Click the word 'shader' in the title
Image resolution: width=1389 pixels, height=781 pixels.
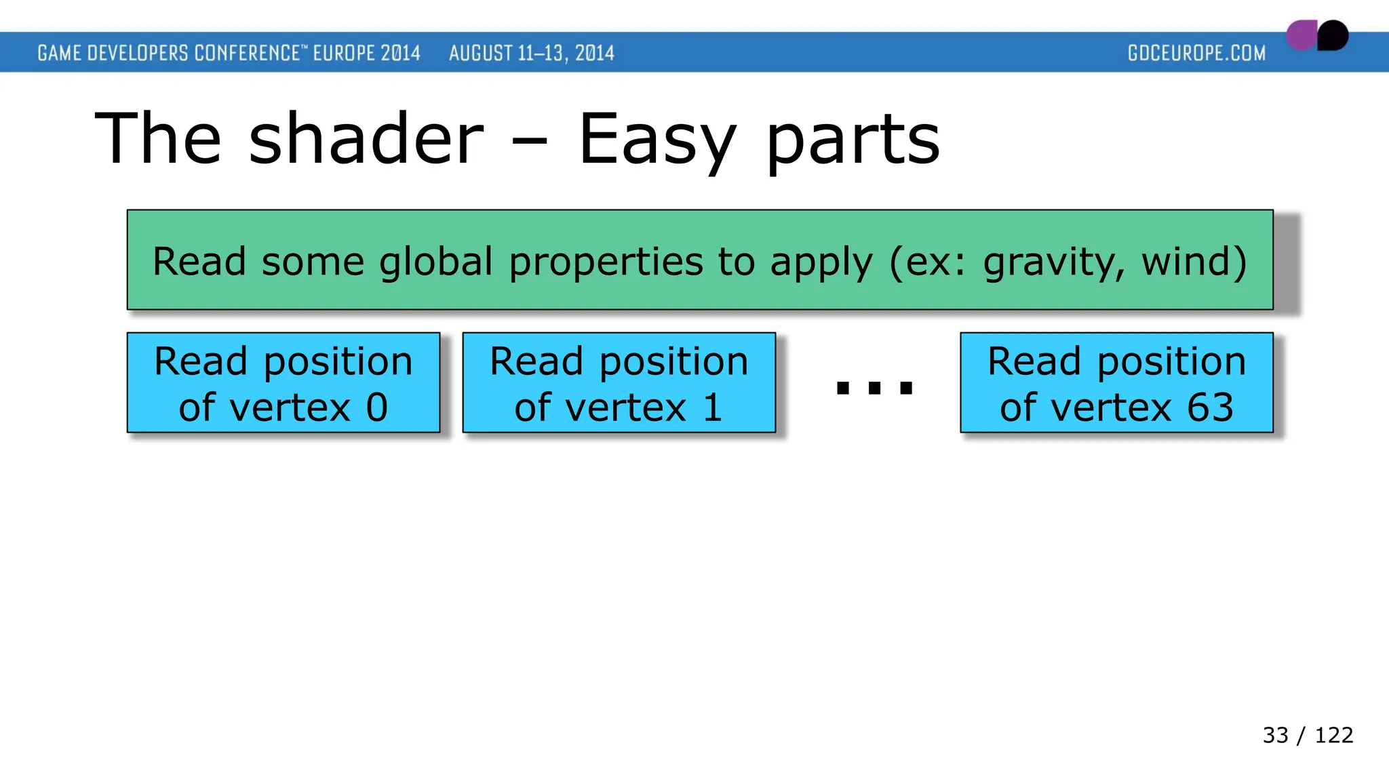(x=366, y=139)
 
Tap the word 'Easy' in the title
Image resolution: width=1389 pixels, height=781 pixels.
(x=657, y=139)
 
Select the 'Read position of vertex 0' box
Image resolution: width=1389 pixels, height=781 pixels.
(x=283, y=382)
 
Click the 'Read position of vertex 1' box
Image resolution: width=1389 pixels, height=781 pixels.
(x=619, y=382)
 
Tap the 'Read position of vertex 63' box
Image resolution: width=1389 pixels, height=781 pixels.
(x=1116, y=382)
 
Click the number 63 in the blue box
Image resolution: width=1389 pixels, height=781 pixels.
(x=1210, y=407)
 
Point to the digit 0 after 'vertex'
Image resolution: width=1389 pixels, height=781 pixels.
(x=377, y=407)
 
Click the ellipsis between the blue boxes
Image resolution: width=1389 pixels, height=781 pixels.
(x=874, y=388)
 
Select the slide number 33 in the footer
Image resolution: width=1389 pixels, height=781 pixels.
(x=1275, y=735)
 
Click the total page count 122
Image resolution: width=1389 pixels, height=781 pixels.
(x=1333, y=735)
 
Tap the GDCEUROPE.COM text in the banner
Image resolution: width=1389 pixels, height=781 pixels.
(x=1196, y=53)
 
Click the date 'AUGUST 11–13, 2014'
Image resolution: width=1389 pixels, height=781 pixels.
(x=531, y=53)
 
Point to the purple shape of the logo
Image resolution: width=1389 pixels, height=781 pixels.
(x=1301, y=36)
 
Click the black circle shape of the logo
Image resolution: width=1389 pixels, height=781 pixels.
(x=1333, y=35)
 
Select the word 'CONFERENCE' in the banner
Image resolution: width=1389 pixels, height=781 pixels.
(x=247, y=53)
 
